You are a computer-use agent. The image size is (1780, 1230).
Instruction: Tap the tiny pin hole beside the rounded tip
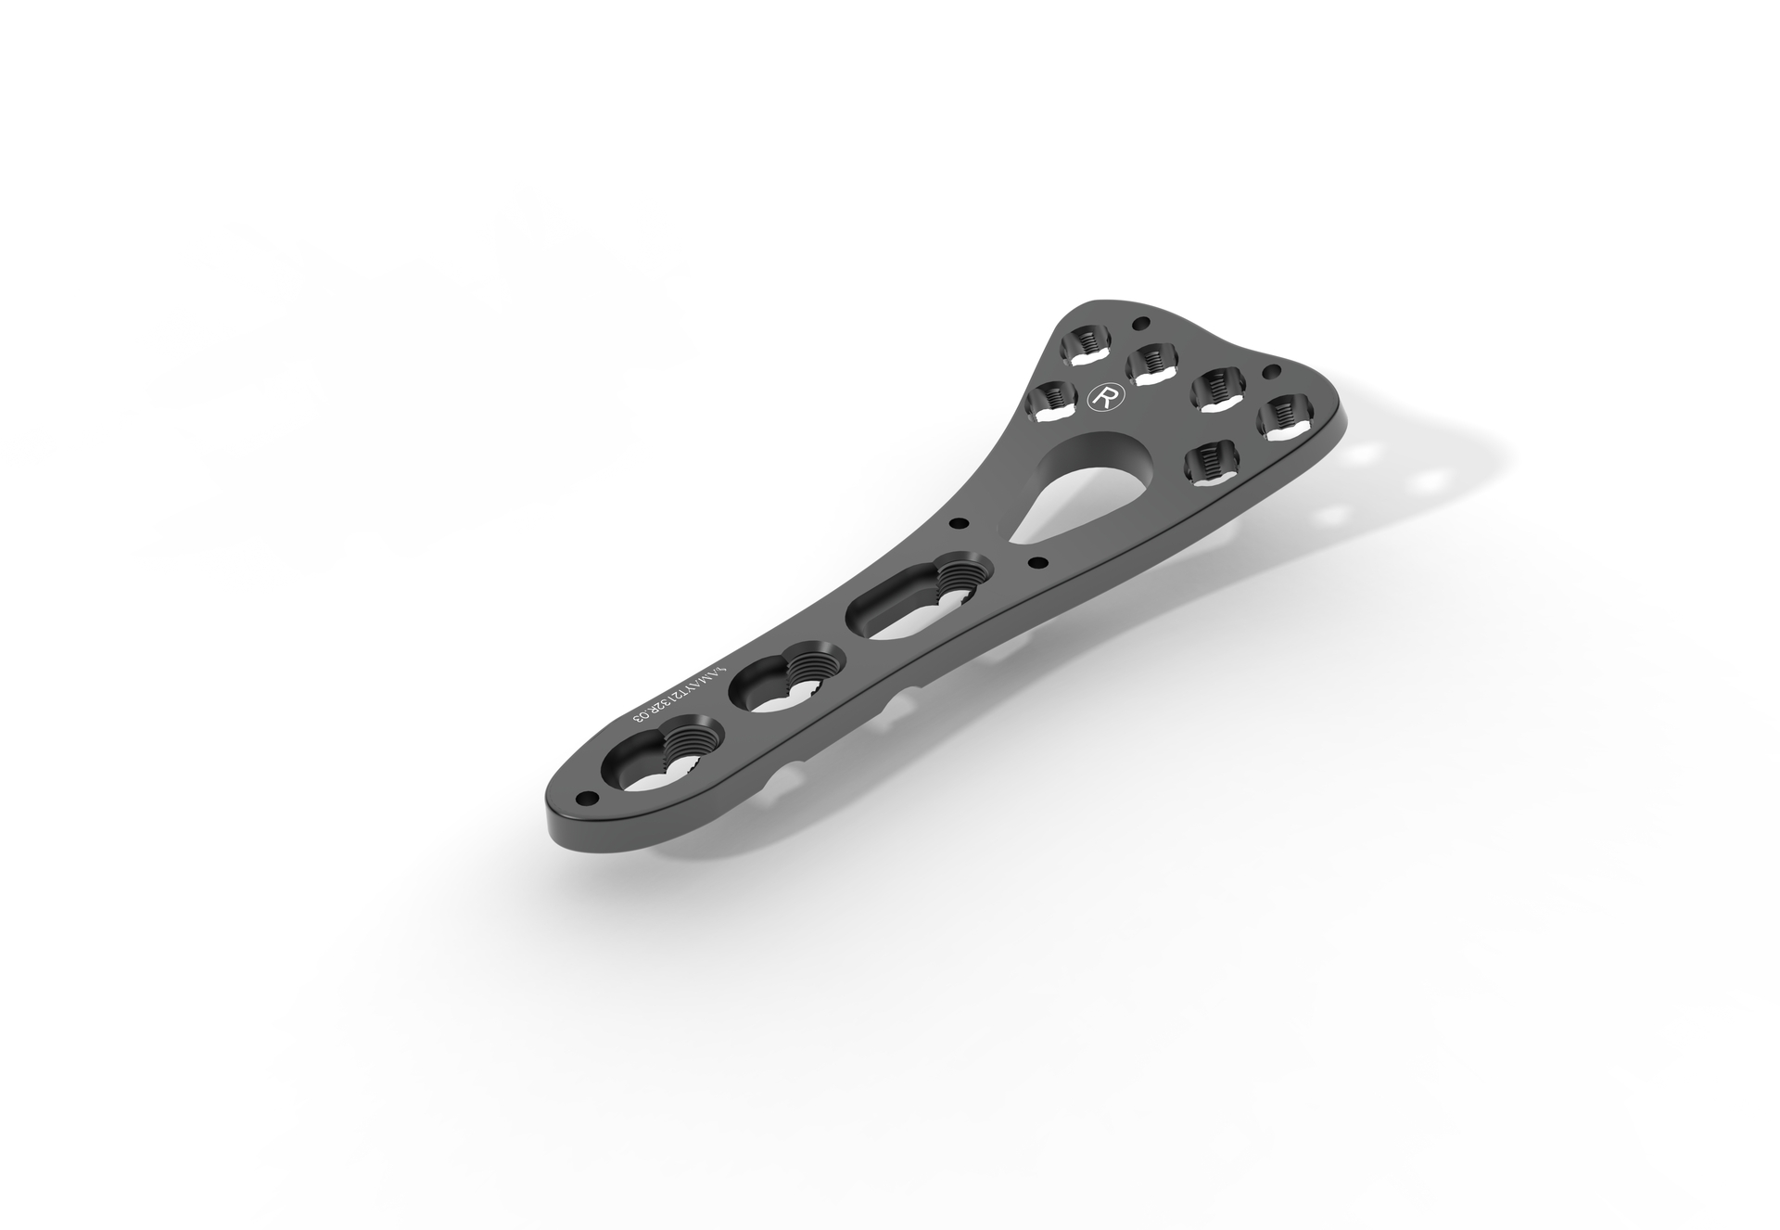(584, 797)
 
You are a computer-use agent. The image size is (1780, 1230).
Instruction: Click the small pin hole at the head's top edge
(1140, 323)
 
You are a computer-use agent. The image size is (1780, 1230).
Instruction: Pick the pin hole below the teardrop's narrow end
(1036, 560)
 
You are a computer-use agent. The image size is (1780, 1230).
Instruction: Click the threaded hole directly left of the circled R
(1050, 402)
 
